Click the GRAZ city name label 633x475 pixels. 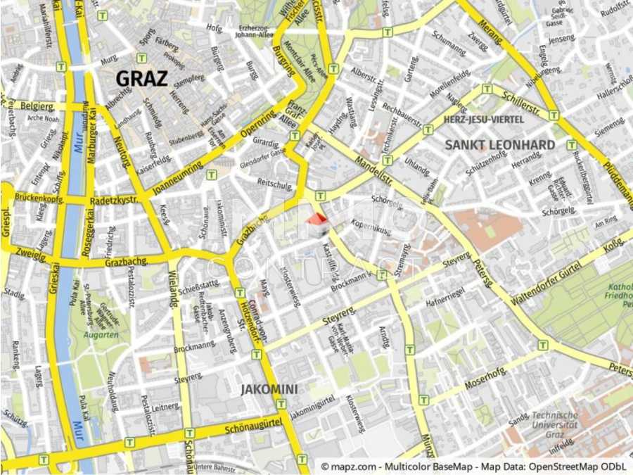click(x=141, y=77)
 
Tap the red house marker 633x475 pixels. click(x=317, y=224)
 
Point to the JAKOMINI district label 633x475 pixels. click(x=269, y=388)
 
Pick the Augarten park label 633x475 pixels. click(x=101, y=335)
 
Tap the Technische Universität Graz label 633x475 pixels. click(x=555, y=424)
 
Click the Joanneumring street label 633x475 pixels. click(x=177, y=175)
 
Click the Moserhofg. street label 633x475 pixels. click(x=486, y=379)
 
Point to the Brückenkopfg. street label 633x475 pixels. click(x=39, y=199)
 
